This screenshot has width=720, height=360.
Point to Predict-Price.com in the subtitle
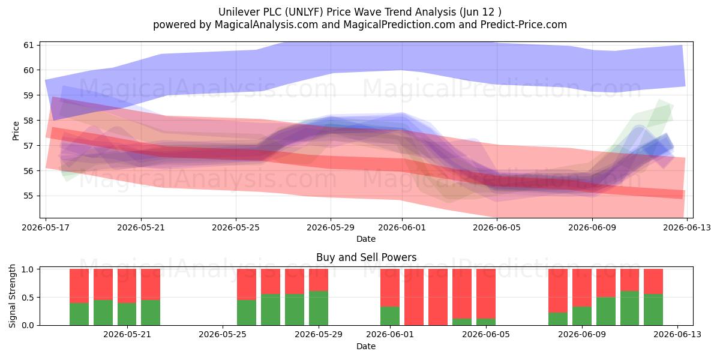pyautogui.click(x=524, y=25)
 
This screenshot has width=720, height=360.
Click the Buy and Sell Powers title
pyautogui.click(x=366, y=257)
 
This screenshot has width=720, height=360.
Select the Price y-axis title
pyautogui.click(x=16, y=131)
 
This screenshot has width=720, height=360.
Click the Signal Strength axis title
pyautogui.click(x=12, y=296)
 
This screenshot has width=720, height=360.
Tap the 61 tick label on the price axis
pyautogui.click(x=29, y=45)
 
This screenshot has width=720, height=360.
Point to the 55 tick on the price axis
pyautogui.click(x=29, y=196)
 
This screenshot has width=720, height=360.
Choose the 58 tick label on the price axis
pyautogui.click(x=29, y=121)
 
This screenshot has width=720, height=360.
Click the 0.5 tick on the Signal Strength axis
pyautogui.click(x=28, y=298)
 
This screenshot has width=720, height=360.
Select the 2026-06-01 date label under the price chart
pyautogui.click(x=402, y=227)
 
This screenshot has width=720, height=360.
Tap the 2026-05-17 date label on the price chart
pyautogui.click(x=46, y=227)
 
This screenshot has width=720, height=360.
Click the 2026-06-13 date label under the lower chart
pyautogui.click(x=677, y=335)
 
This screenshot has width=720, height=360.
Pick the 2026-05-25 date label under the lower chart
pyautogui.click(x=223, y=335)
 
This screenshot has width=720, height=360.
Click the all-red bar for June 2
pyautogui.click(x=414, y=297)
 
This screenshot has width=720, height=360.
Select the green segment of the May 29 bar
pyautogui.click(x=319, y=308)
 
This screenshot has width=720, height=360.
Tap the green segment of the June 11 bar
pyautogui.click(x=629, y=308)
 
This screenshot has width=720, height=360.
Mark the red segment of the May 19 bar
pyautogui.click(x=103, y=284)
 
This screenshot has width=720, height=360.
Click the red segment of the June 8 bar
pyautogui.click(x=558, y=291)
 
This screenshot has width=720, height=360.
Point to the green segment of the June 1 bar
pyautogui.click(x=390, y=316)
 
